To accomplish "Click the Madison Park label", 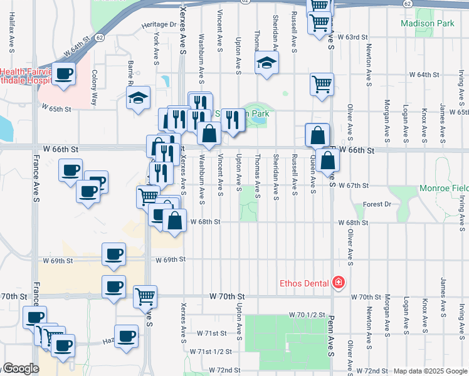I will point(427,24).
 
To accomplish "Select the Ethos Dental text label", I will point(304,283).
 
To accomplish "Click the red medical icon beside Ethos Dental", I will point(339,283).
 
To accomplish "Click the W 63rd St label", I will point(352,38).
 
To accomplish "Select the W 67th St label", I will point(352,185).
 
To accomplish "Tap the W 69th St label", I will point(171,259).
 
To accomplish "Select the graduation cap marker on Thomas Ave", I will point(266,62).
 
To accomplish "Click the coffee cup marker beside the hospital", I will point(63,73).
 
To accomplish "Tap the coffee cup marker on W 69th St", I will point(113,254).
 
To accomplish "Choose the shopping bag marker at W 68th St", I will point(174,220).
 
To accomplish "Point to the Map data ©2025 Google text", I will point(429,371).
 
